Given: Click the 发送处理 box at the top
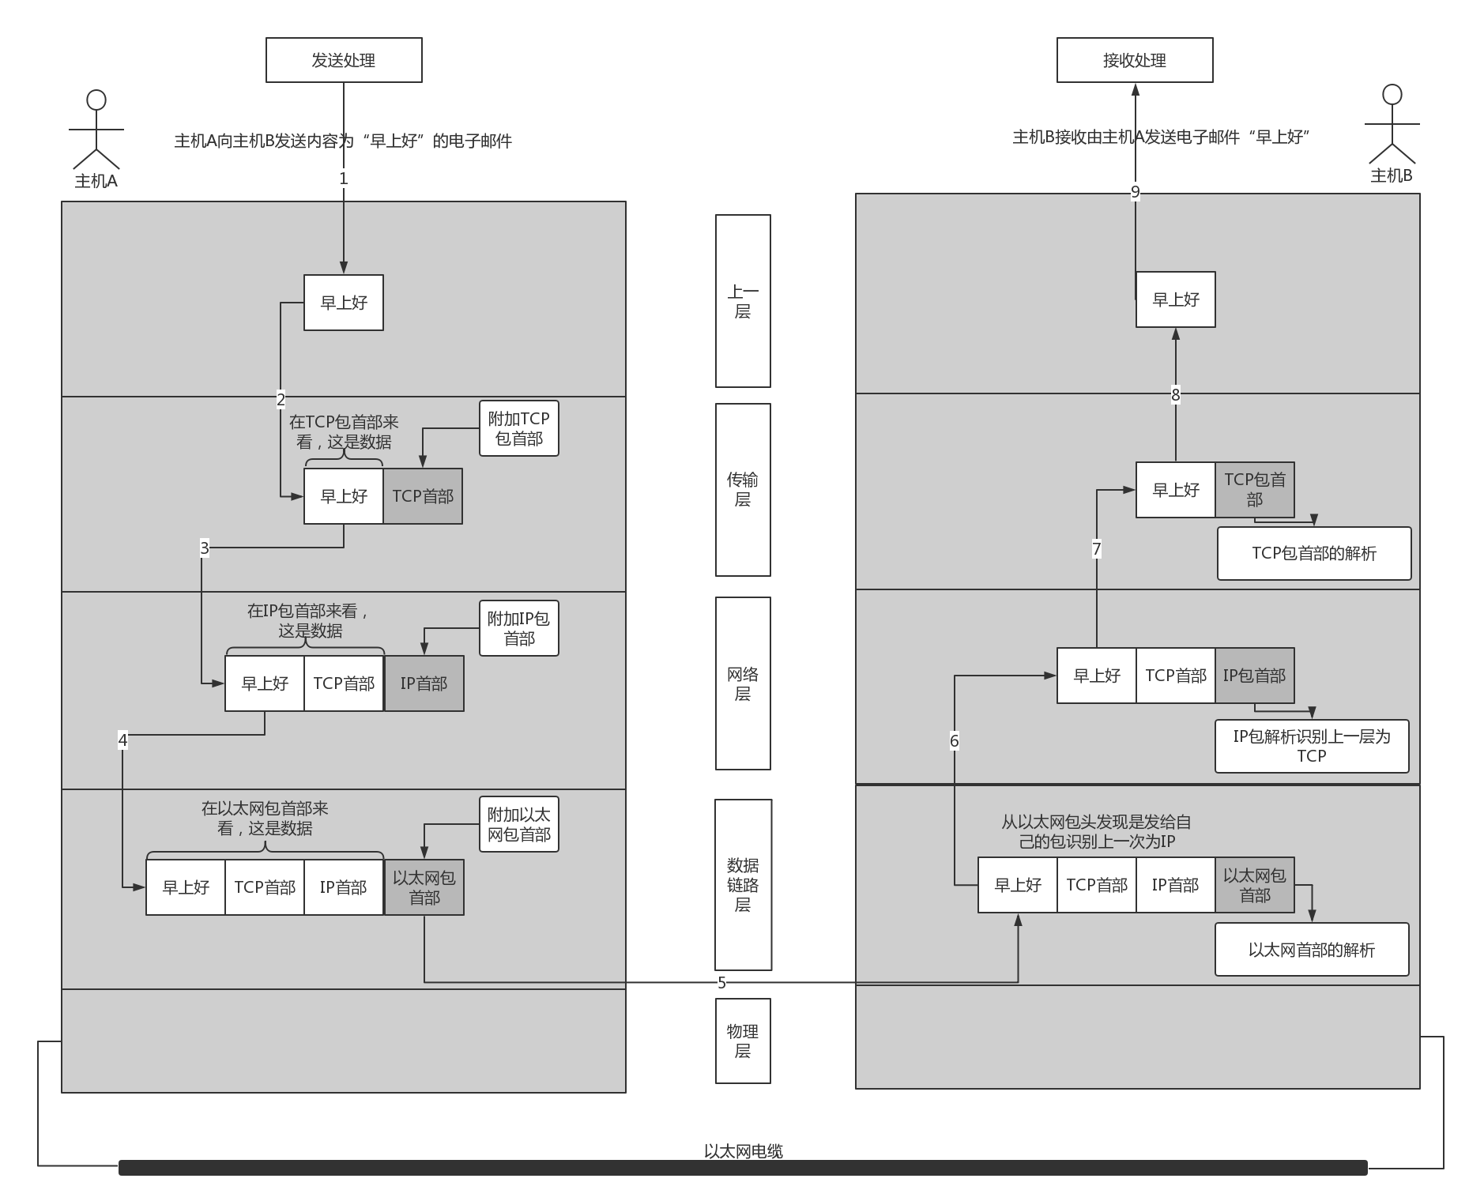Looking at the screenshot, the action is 344,60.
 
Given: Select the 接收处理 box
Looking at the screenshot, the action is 1135,60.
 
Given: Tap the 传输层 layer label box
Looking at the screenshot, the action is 743,490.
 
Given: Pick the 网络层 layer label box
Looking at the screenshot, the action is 743,683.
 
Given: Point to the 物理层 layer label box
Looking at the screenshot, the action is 743,1041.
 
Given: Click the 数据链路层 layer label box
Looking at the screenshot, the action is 743,885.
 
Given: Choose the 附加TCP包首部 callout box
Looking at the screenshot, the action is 519,428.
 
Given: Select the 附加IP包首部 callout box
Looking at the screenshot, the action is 519,628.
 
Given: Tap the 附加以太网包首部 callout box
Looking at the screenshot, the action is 519,824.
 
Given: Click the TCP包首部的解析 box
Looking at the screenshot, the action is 1314,553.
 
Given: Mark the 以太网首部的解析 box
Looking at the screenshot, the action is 1312,950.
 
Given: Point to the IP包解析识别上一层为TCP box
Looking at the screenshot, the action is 1312,746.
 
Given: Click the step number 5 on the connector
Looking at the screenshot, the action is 721,983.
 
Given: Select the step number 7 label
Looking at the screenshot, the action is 1097,549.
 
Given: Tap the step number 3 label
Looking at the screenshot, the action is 205,548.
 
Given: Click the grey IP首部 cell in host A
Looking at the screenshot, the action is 424,683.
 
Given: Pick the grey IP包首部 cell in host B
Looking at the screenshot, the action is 1255,676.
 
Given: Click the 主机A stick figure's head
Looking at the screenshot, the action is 96,100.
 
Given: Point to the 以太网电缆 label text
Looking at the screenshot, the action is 744,1151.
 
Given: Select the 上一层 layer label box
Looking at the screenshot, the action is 743,301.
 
